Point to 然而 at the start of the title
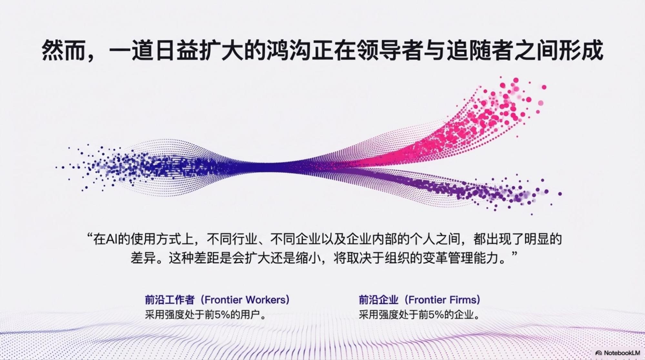(63, 50)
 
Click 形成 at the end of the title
(581, 50)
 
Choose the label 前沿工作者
(170, 300)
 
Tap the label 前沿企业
(378, 300)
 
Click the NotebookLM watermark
(618, 353)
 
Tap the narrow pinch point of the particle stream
(274, 167)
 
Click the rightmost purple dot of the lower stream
(560, 194)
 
